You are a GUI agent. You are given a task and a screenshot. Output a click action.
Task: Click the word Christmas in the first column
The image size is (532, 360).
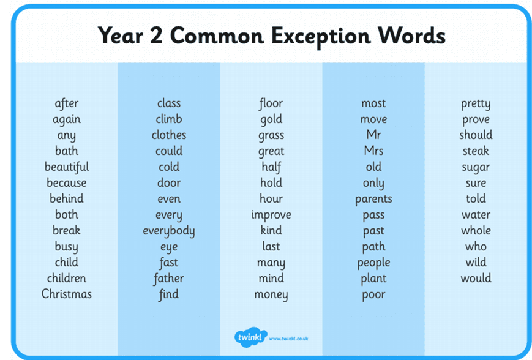(67, 294)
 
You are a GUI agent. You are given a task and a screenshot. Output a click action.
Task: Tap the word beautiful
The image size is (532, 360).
(67, 167)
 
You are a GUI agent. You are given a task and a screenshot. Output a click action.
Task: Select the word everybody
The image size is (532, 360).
(168, 231)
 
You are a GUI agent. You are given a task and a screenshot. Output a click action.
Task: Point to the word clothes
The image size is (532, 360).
(168, 135)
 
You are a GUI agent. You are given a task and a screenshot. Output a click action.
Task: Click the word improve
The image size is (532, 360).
(271, 215)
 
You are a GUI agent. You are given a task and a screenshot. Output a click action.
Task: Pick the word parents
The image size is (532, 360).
(373, 199)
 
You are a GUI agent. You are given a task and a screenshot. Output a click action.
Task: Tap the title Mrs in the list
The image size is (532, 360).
(373, 151)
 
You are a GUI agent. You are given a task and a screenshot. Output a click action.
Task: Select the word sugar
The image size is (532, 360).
(476, 167)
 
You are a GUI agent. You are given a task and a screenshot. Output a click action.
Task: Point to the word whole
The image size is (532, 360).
(476, 230)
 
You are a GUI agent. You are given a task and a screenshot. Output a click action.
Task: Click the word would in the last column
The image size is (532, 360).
(476, 278)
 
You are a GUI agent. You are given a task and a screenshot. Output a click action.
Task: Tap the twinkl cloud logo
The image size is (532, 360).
(250, 337)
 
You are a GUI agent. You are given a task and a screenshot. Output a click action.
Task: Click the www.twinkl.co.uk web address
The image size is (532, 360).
(288, 339)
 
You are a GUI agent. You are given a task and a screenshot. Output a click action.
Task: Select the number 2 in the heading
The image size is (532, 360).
(156, 36)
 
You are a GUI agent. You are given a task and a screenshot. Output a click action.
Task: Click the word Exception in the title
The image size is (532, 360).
(321, 36)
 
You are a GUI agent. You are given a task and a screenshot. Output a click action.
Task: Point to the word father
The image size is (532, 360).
(168, 279)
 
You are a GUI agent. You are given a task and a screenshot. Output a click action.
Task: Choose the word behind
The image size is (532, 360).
(67, 198)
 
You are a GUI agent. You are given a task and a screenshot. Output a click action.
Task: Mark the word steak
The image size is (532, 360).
(476, 151)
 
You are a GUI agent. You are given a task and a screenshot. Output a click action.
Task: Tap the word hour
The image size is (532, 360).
(271, 198)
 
